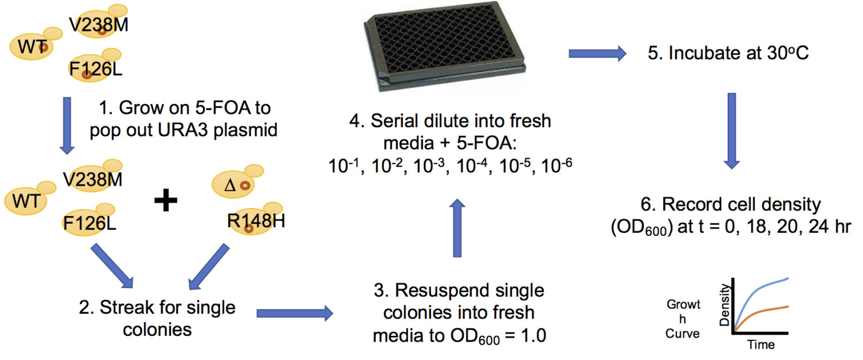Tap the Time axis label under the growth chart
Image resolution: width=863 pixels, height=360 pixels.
click(760, 345)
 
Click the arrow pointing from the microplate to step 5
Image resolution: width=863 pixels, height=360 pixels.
click(597, 54)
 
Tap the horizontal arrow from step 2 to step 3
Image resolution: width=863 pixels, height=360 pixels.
click(295, 313)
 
